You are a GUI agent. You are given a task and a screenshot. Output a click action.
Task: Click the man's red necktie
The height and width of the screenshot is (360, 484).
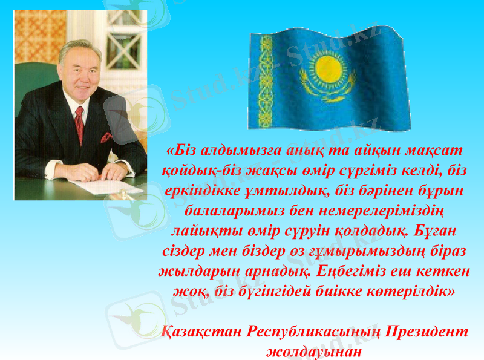point(79,125)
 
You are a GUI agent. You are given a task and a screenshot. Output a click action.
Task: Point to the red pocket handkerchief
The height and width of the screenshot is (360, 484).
point(106,137)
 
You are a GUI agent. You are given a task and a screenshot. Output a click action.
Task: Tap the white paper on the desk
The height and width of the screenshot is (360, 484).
point(106,186)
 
